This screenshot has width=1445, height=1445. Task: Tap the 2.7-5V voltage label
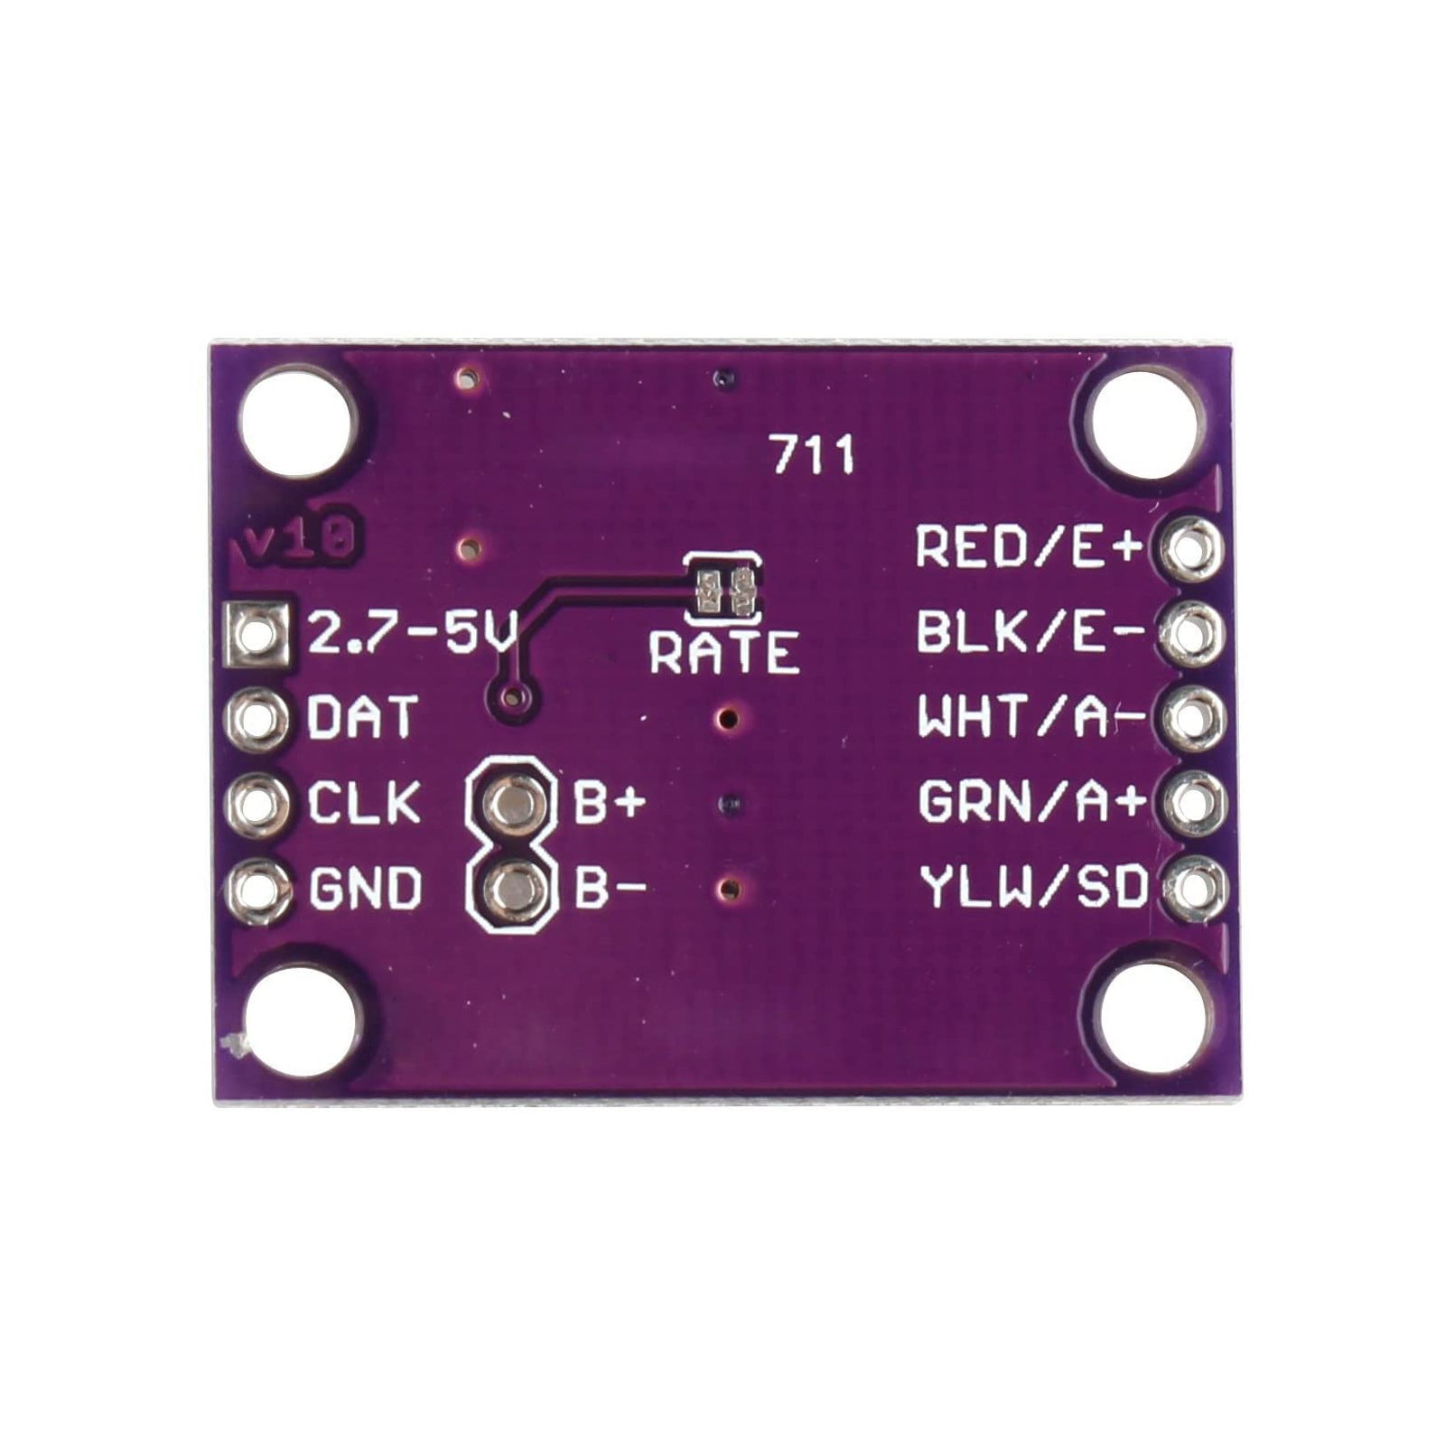point(412,631)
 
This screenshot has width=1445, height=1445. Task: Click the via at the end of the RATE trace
point(513,695)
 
